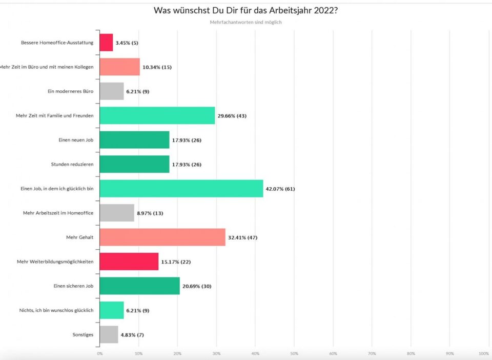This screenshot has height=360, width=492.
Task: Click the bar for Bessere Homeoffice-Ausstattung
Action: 106,43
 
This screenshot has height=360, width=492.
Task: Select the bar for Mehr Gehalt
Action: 162,237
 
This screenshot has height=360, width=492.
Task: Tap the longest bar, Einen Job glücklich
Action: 181,189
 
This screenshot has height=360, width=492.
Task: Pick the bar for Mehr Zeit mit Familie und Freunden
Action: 157,115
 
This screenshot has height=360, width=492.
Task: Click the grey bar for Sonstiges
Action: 109,335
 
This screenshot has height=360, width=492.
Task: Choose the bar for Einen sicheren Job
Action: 139,286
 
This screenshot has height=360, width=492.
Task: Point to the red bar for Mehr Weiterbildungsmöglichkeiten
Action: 129,262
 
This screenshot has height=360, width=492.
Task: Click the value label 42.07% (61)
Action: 280,189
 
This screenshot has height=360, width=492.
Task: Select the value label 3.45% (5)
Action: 127,43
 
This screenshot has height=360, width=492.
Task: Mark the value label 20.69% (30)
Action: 197,286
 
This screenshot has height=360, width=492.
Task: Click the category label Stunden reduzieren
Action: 72,164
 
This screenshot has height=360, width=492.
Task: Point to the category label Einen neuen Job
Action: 76,140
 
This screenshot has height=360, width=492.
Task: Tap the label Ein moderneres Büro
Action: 70,91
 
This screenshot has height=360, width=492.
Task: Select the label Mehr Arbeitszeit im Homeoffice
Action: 58,213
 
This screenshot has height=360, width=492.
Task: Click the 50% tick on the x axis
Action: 294,353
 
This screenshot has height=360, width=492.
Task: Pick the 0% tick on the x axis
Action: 99,353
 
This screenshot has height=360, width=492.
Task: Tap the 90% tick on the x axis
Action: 449,353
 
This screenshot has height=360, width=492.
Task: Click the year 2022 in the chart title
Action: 321,11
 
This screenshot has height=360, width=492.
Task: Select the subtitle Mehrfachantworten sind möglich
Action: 246,22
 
